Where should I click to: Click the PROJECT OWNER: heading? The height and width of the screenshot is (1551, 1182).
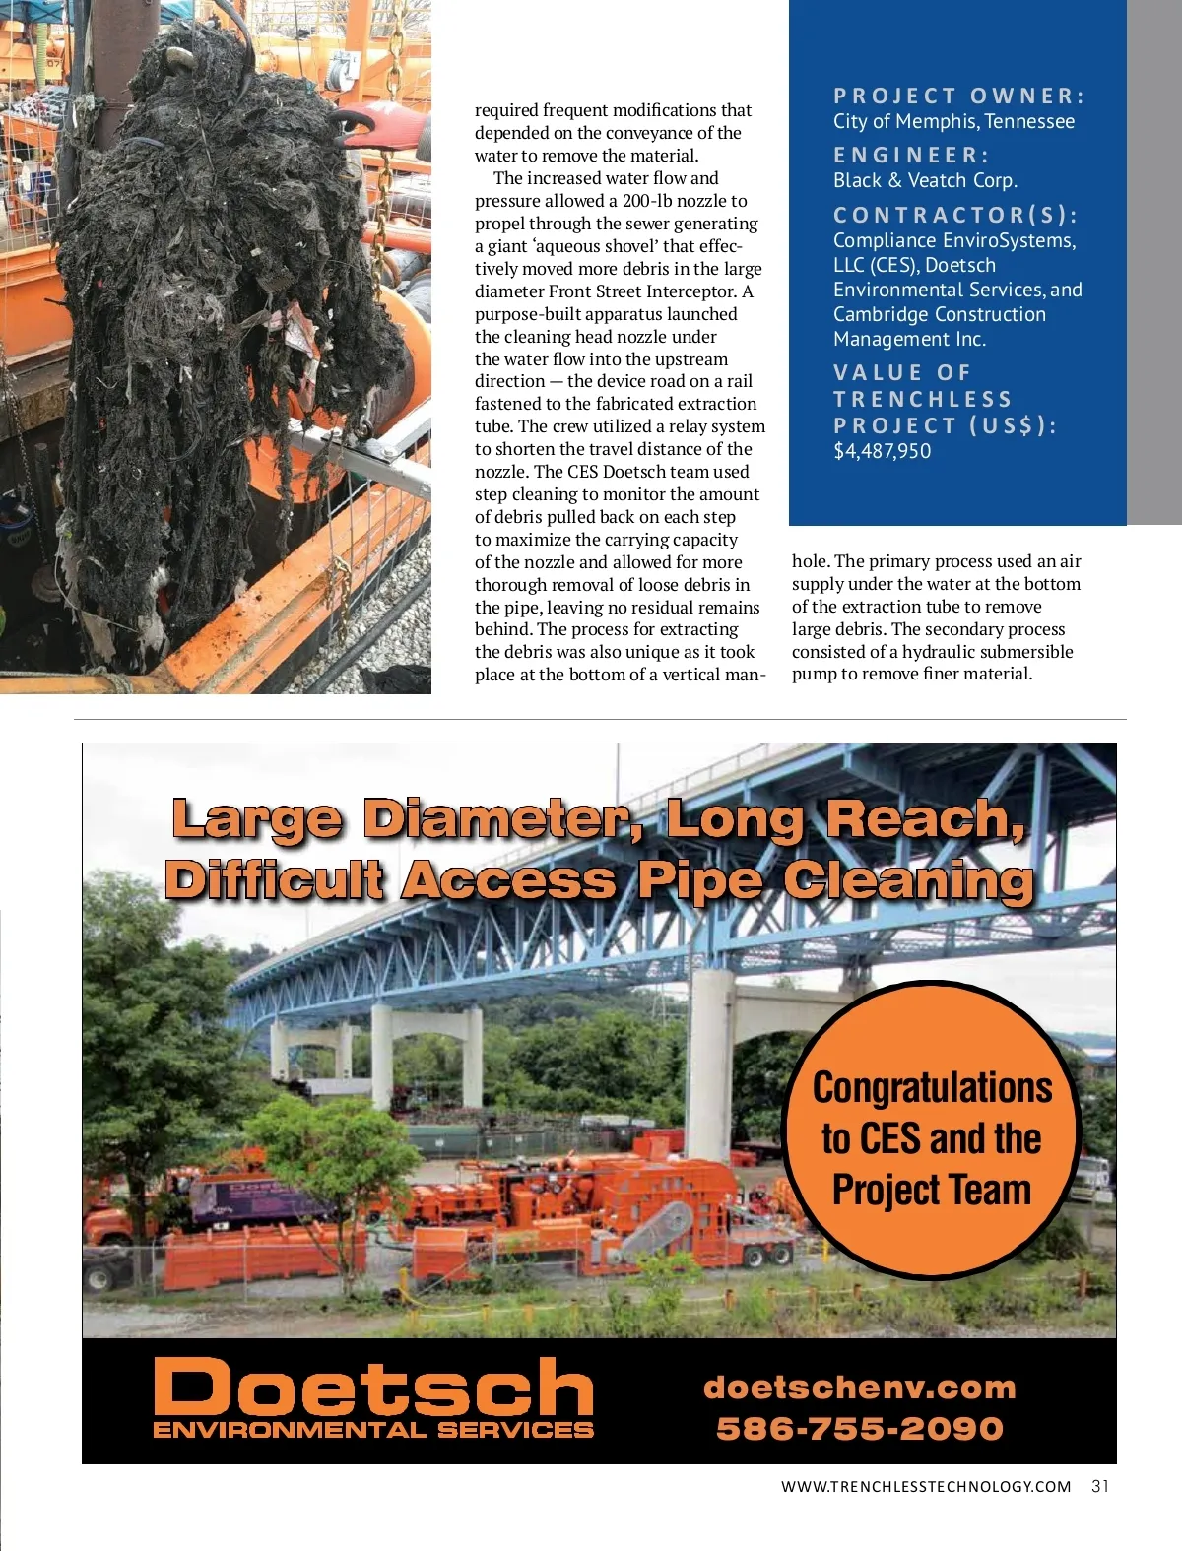958,96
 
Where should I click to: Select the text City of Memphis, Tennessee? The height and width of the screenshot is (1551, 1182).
953,121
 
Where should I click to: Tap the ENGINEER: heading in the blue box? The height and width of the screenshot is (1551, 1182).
911,155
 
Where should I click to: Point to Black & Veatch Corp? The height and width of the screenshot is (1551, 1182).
925,180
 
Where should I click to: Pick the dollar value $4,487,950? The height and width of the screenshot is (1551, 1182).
882,451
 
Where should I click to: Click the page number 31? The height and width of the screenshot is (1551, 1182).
1100,1486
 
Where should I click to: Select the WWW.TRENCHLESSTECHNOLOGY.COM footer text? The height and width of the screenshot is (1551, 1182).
925,1487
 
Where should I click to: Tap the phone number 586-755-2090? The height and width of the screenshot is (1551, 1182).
859,1428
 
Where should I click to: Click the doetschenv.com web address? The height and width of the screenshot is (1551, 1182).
859,1388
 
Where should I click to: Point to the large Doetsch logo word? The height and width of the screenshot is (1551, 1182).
373,1386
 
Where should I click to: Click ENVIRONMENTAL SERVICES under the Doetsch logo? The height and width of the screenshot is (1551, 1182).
373,1430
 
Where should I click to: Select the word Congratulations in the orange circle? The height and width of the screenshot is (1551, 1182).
932,1088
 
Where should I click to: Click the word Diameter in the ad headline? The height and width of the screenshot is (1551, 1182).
501,819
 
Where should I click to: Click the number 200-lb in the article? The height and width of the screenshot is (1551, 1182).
647,201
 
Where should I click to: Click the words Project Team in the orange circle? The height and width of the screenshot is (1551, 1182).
931,1190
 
